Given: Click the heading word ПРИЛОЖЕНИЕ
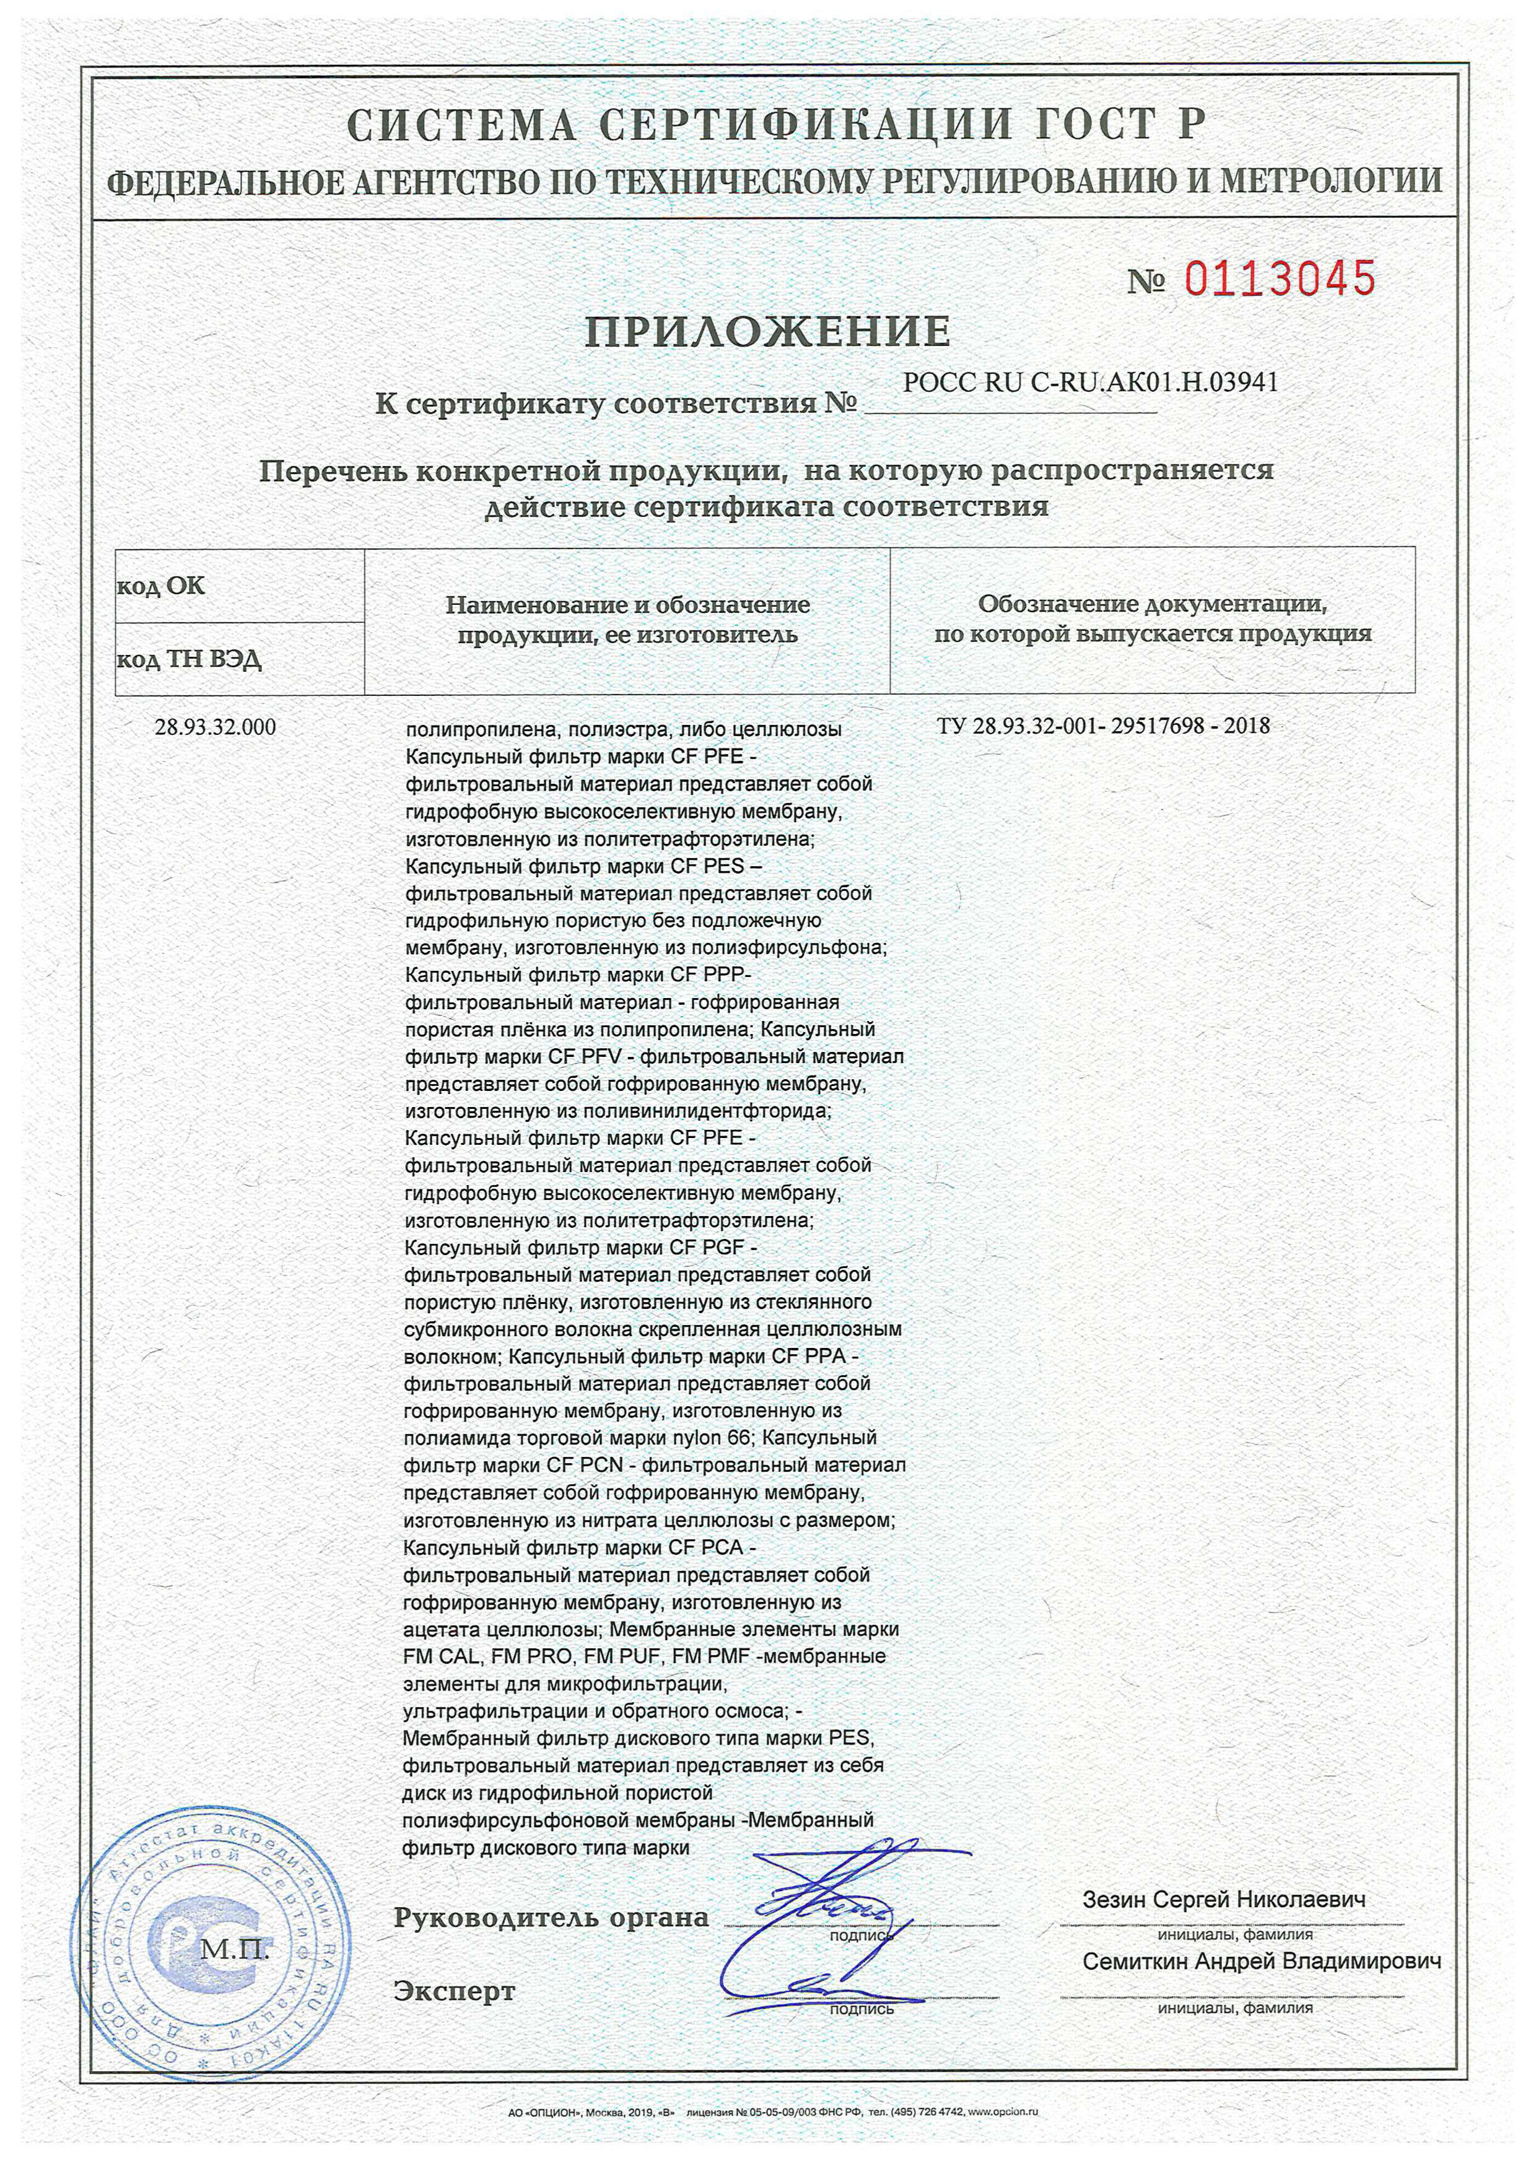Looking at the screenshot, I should (x=767, y=332).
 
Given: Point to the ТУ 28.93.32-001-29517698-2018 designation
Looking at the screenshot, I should (x=1104, y=726).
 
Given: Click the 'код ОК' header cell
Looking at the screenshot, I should (x=161, y=586).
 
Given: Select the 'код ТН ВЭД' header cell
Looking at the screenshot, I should (x=190, y=659).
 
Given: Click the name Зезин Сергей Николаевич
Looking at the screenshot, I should (x=1224, y=1898).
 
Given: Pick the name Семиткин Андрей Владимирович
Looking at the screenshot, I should (x=1262, y=1961).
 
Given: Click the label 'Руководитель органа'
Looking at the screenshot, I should (x=551, y=1918).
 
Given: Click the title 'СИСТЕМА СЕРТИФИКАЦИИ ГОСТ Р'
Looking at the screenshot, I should (x=776, y=126).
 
